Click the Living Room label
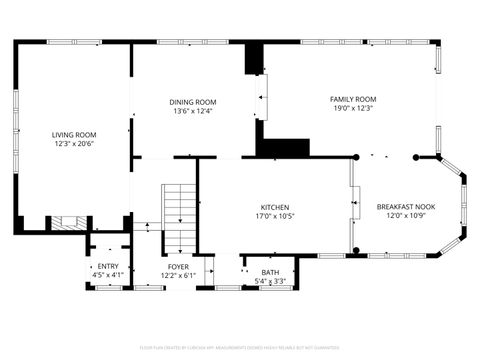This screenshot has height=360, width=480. pyautogui.click(x=74, y=134)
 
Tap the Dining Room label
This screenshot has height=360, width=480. pyautogui.click(x=193, y=102)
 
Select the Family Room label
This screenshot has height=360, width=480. pyautogui.click(x=353, y=99)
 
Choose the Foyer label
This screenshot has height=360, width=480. pyautogui.click(x=178, y=267)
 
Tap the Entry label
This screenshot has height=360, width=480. pyautogui.click(x=108, y=266)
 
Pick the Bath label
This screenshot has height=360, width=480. pyautogui.click(x=270, y=273)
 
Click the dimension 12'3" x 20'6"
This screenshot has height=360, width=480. pyautogui.click(x=74, y=143)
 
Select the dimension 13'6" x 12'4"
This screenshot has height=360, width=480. pyautogui.click(x=193, y=111)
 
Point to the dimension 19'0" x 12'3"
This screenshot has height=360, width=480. pyautogui.click(x=353, y=108)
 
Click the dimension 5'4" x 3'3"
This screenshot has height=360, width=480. pyautogui.click(x=270, y=281)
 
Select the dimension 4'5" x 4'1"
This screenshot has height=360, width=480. pyautogui.click(x=108, y=275)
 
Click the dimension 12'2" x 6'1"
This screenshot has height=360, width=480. pyautogui.click(x=178, y=276)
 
